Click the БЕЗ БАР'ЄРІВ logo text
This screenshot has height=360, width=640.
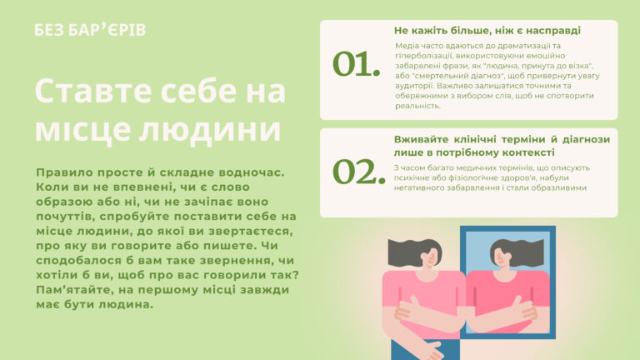pyautogui.click(x=90, y=30)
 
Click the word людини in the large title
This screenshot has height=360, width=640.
pyautogui.click(x=210, y=130)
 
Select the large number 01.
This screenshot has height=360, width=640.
pyautogui.click(x=357, y=64)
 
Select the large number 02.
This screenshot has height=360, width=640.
pyautogui.click(x=359, y=172)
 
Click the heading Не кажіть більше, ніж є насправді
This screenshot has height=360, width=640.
pyautogui.click(x=487, y=31)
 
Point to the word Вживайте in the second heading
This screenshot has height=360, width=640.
pyautogui.click(x=420, y=140)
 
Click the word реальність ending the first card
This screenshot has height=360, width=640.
pyautogui.click(x=418, y=106)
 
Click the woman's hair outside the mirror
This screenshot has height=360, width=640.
pyautogui.click(x=412, y=251)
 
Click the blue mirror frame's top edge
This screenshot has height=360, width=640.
pyautogui.click(x=507, y=228)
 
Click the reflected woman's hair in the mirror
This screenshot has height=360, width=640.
pyautogui.click(x=518, y=250)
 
